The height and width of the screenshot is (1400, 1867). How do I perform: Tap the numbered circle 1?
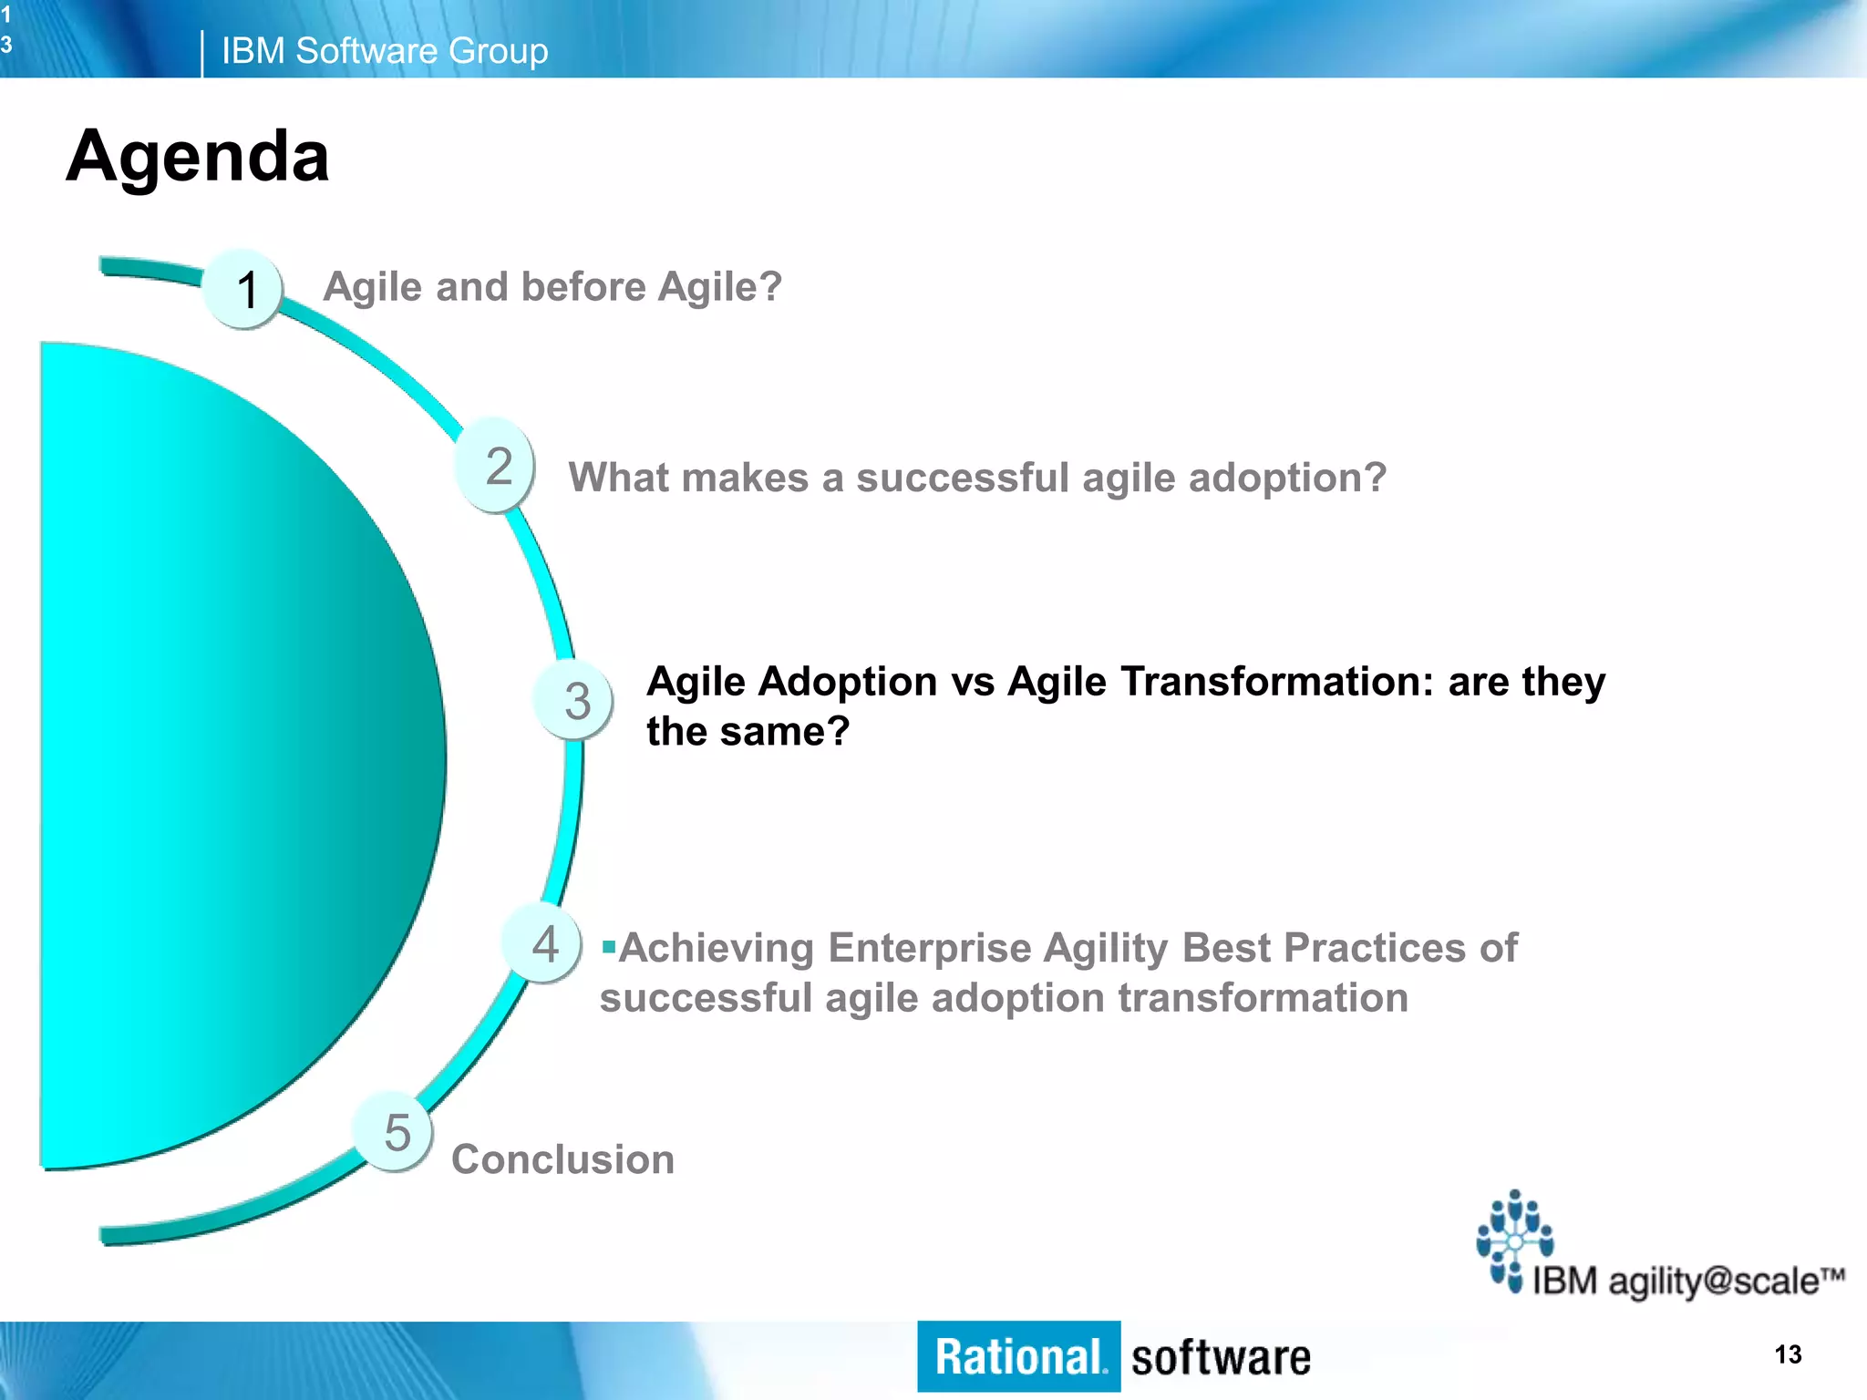pos(243,289)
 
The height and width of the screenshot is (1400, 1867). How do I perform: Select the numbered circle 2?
pos(496,466)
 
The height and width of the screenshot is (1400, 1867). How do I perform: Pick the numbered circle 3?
pos(574,700)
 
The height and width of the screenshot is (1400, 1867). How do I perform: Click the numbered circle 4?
pos(544,944)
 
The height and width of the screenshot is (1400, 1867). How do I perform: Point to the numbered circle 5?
pos(395,1132)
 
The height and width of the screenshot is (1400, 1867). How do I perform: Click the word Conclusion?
pos(562,1159)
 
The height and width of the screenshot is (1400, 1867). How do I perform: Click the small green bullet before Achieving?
pos(608,948)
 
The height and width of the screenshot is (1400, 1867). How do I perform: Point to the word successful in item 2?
pos(962,478)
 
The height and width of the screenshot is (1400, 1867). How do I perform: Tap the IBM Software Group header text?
pos(384,51)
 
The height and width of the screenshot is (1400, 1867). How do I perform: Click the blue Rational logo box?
pos(1018,1356)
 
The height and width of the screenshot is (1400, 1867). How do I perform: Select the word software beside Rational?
pos(1220,1358)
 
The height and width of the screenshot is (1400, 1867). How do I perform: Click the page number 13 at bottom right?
pos(1788,1354)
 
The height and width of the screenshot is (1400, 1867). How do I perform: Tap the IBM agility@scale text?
pos(1686,1281)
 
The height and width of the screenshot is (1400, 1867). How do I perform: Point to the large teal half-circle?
pos(228,757)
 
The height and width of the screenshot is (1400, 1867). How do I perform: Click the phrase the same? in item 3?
pos(748,732)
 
